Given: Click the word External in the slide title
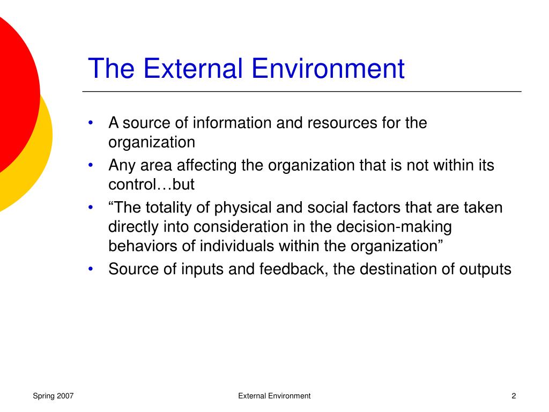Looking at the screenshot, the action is (x=185, y=69).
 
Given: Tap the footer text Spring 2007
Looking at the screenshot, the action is (x=53, y=396).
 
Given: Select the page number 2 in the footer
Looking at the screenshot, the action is (x=514, y=396).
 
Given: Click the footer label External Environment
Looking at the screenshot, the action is (x=274, y=396).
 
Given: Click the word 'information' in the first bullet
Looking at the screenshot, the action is (x=233, y=123).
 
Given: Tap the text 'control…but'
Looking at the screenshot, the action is (x=151, y=185).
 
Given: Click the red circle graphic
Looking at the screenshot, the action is (x=13, y=91).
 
